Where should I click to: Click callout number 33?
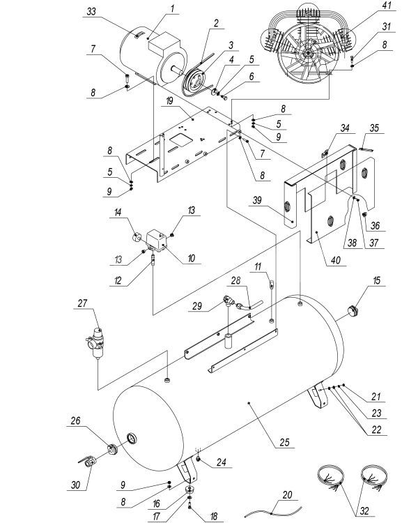pos(92,11)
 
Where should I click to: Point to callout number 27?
pos(83,304)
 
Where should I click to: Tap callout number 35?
pos(373,128)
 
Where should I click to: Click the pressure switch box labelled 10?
pos(155,237)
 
